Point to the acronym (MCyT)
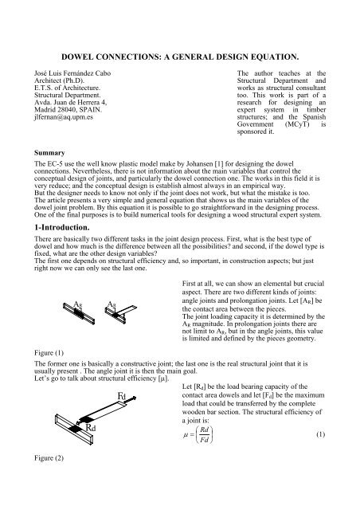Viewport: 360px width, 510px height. pyautogui.click(x=277, y=125)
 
